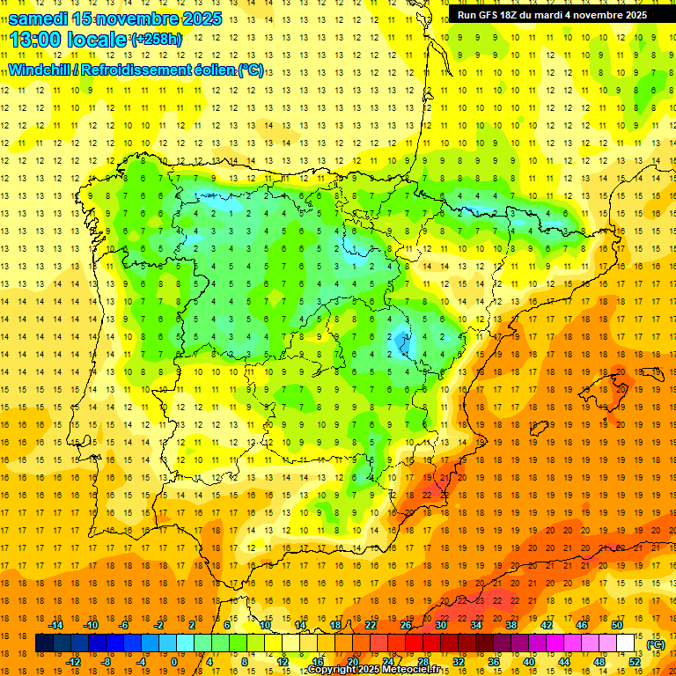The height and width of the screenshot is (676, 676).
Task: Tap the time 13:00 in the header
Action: tap(37, 40)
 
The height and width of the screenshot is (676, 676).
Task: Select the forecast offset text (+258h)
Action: tap(157, 40)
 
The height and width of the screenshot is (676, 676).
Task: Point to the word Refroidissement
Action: tap(140, 70)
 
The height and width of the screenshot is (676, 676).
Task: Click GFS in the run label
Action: tap(496, 15)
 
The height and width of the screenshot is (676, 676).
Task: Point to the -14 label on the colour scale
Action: tap(56, 625)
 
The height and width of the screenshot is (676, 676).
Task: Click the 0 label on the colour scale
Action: tap(174, 662)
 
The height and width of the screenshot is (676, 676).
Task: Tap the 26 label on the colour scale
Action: tap(406, 625)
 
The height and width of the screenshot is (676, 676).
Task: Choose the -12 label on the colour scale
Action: tap(73, 662)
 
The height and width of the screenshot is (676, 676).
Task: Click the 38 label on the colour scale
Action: tap(511, 625)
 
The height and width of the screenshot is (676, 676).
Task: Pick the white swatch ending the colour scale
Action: tap(626, 643)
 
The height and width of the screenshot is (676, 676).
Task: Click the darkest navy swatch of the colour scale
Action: tap(44, 643)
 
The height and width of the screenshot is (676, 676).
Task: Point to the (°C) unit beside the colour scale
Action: tap(655, 644)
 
